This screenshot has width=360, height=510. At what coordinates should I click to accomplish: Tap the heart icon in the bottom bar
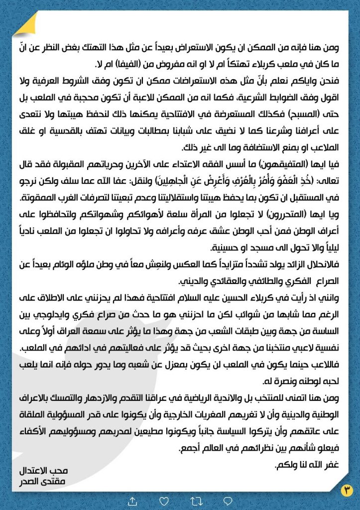tap(163, 501)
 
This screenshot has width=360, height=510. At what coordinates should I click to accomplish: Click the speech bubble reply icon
tap(228, 501)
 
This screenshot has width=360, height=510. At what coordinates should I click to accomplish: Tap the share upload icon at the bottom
tap(132, 501)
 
